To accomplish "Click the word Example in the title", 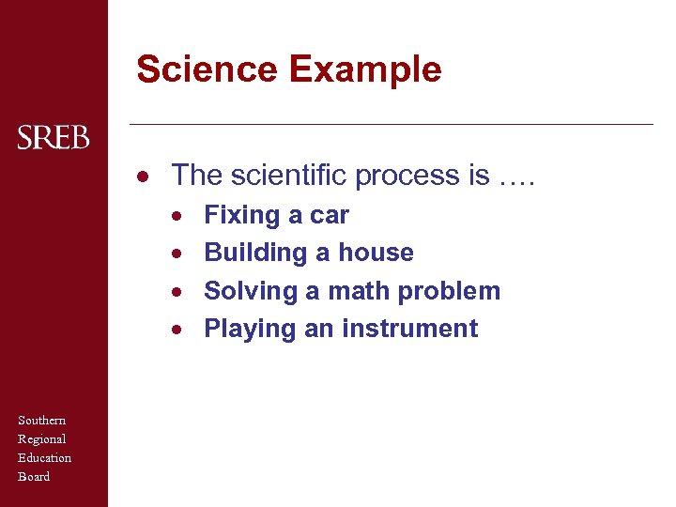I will [365, 69].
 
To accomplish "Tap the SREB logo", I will [54, 139].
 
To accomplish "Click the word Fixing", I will [241, 216].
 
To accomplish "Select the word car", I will [330, 216].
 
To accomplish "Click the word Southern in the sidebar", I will [42, 420].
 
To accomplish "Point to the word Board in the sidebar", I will [34, 476].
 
